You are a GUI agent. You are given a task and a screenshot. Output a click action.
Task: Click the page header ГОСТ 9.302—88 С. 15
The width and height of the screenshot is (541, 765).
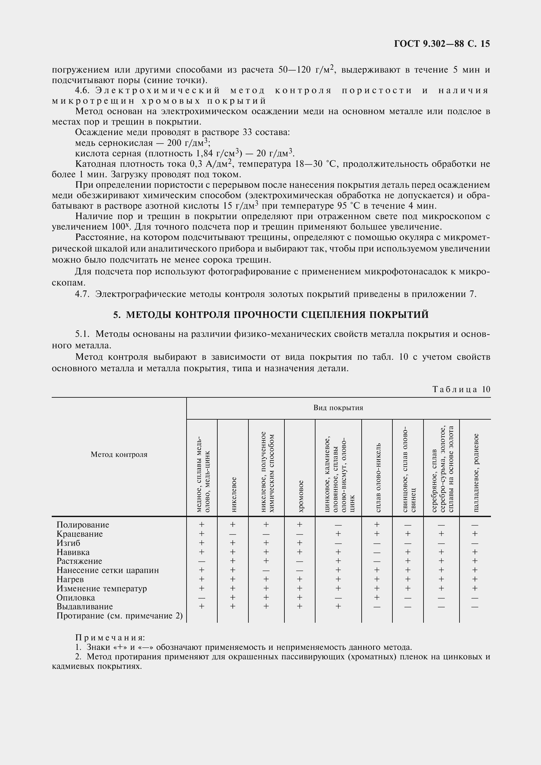[442, 44]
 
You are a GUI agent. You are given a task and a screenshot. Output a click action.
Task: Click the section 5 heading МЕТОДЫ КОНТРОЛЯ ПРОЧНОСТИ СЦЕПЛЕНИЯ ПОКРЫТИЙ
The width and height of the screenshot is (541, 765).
[271, 315]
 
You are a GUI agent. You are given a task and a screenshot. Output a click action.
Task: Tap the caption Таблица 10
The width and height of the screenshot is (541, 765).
[461, 389]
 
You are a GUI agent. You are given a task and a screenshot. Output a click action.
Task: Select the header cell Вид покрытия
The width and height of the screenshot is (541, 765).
[338, 408]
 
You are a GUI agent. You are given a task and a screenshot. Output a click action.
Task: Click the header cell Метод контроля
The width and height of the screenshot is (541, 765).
[119, 455]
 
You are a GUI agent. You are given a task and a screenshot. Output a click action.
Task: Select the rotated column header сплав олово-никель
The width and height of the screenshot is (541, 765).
[377, 478]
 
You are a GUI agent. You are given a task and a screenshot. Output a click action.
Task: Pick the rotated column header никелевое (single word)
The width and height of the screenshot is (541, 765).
[233, 495]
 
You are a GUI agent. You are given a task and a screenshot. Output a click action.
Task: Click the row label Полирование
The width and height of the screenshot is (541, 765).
[83, 525]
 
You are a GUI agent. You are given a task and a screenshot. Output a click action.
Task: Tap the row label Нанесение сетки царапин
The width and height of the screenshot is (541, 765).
[108, 570]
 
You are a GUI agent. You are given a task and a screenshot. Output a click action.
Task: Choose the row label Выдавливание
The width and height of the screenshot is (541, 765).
[85, 606]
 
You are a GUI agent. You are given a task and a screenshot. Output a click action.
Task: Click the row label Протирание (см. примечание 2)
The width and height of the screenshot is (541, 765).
[120, 616]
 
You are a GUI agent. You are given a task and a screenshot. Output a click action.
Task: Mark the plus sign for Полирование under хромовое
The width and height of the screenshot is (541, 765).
[300, 524]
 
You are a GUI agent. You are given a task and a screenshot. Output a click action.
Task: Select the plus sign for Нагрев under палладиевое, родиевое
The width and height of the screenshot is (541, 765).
[475, 580]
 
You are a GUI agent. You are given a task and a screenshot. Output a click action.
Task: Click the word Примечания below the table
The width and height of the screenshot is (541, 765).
[110, 638]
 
